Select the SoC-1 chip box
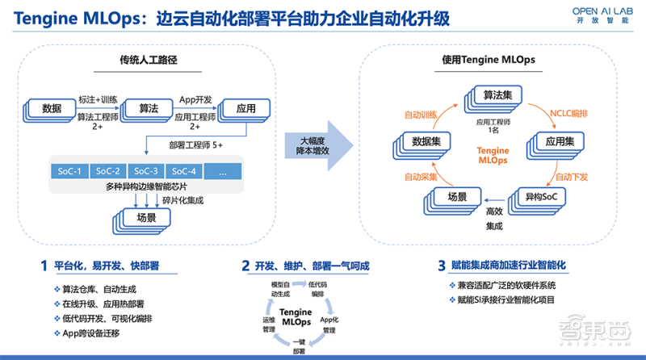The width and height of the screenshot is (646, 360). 68,171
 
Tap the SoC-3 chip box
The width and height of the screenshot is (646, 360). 146,171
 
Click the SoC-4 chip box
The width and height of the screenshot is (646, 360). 185,171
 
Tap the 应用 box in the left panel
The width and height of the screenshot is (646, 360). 244,109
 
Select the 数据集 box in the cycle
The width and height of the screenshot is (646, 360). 425,142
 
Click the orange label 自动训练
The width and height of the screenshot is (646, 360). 420,115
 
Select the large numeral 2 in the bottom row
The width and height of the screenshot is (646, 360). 245,265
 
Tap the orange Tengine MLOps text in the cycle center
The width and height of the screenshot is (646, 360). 492,156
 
